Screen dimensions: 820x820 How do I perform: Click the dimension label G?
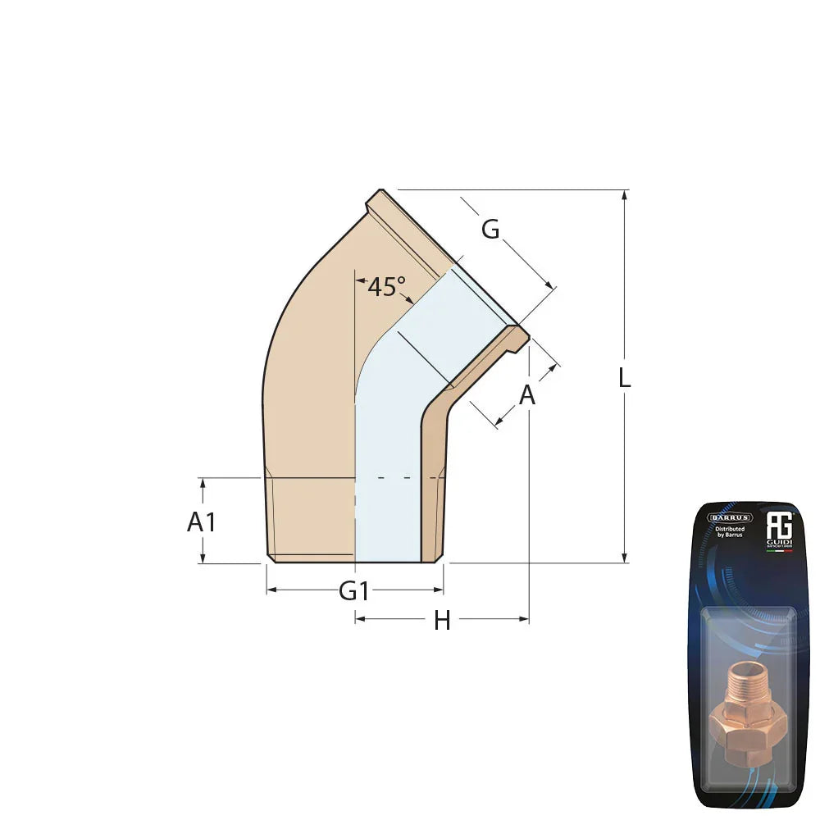[x=490, y=230]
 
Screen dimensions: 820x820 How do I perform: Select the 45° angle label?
[x=385, y=287]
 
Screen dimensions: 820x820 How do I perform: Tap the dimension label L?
[x=625, y=378]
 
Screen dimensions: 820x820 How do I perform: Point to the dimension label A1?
[x=202, y=522]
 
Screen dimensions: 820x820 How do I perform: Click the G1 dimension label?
[x=354, y=590]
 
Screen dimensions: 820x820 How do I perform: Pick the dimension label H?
[x=442, y=622]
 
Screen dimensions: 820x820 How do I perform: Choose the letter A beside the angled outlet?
[x=527, y=395]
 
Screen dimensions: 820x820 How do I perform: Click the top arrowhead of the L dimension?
[x=625, y=195]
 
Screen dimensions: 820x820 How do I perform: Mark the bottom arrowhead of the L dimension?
[x=625, y=558]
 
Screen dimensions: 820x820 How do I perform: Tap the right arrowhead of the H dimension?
[x=524, y=619]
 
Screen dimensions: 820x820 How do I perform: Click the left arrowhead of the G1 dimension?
[x=271, y=590]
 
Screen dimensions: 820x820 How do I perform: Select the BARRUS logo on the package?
[x=729, y=517]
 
